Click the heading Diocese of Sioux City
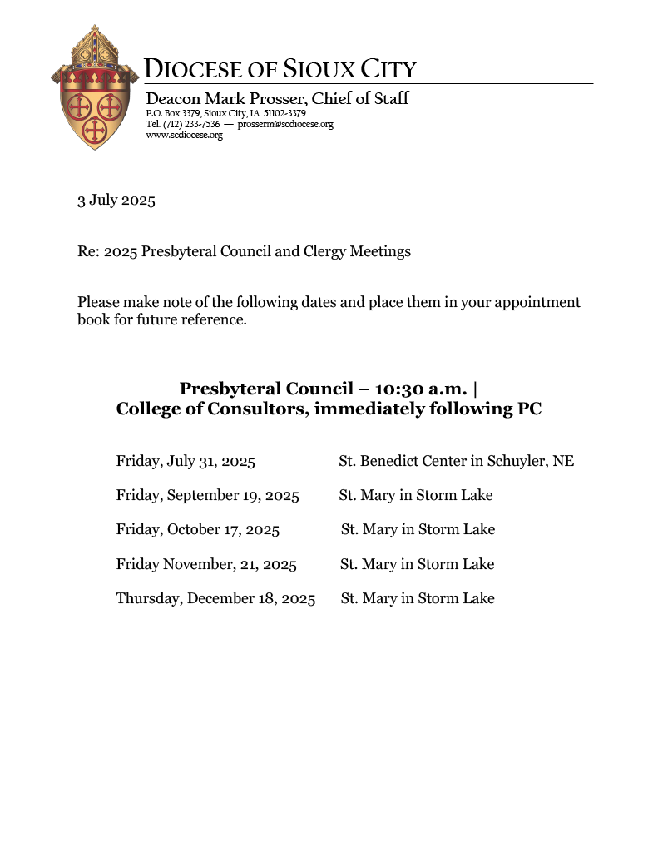click(x=280, y=69)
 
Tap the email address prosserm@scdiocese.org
click(x=285, y=124)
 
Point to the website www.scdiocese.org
click(x=184, y=135)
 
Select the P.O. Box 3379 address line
click(x=225, y=113)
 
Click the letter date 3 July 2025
click(x=116, y=201)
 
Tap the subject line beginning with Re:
click(x=244, y=251)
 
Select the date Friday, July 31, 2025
click(x=186, y=461)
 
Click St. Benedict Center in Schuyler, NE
click(x=456, y=461)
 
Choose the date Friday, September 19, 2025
click(x=208, y=495)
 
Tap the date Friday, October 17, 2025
click(x=198, y=529)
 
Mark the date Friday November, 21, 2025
click(x=206, y=564)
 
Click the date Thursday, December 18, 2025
click(x=215, y=598)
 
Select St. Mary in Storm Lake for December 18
click(x=418, y=598)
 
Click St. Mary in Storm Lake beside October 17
click(x=418, y=529)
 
